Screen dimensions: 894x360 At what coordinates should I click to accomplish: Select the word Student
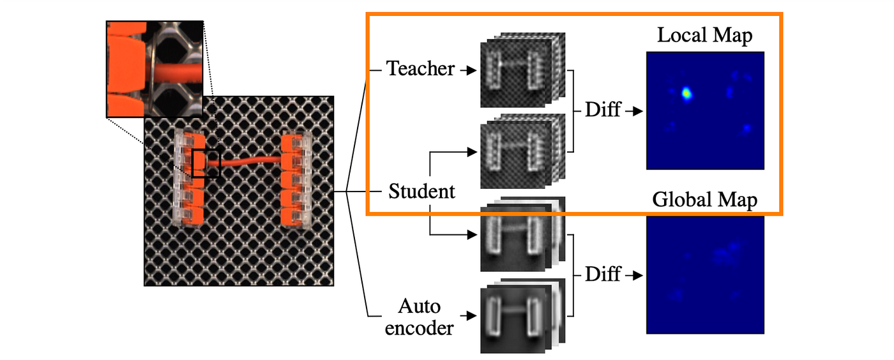coord(421,191)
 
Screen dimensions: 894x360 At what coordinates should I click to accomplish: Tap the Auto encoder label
coord(420,317)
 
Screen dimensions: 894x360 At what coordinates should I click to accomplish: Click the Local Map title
coord(704,36)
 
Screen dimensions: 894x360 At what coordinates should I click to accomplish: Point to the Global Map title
coord(704,200)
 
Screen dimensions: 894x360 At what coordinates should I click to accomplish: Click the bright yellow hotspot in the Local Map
coord(686,94)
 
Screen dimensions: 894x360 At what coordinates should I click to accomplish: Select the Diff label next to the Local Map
coord(603,110)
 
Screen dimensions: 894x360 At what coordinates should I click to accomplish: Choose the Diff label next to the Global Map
coord(603,274)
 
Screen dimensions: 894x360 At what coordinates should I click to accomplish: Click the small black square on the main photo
coord(206,162)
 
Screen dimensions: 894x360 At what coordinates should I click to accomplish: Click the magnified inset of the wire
coord(154,68)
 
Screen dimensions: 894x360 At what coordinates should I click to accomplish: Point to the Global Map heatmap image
coord(704,274)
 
